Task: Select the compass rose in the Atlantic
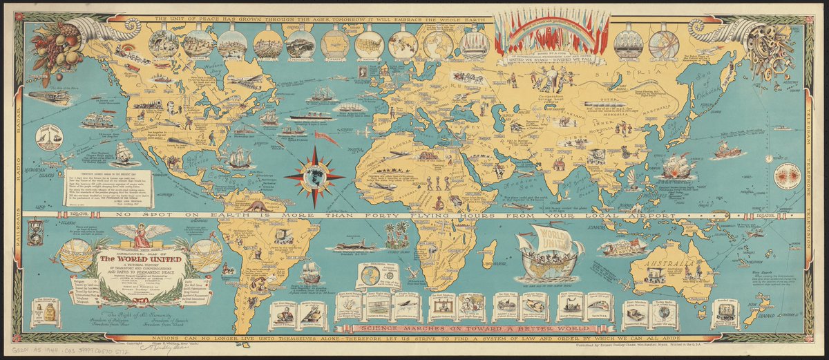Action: (314, 176)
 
